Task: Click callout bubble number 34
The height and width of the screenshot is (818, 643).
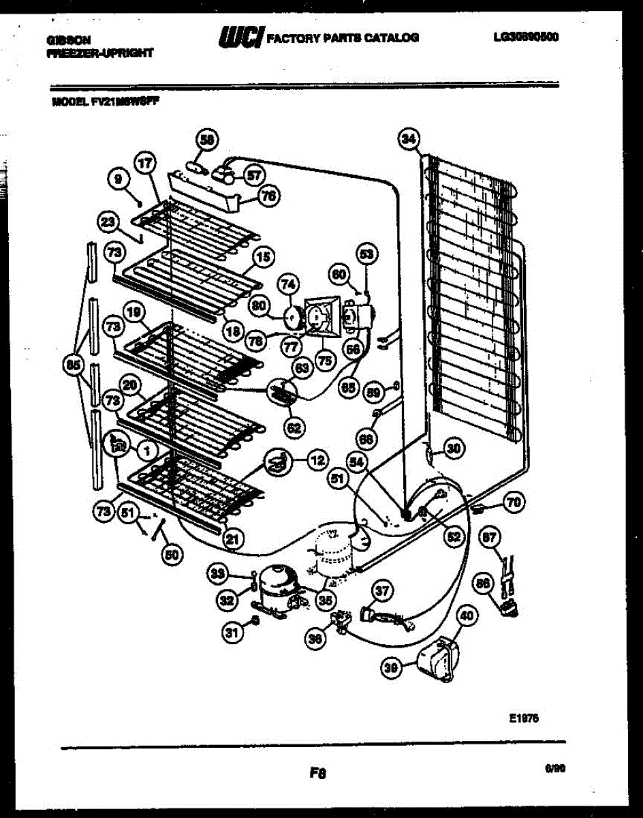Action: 408,140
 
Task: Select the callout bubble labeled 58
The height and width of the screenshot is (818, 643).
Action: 206,140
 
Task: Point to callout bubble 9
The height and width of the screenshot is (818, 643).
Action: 119,179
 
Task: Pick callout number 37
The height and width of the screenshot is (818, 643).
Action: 382,591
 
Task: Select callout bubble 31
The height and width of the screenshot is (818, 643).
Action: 233,633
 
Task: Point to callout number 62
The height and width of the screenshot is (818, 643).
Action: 294,428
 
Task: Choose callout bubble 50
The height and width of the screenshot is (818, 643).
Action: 173,554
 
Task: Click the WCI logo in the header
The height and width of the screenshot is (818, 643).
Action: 240,37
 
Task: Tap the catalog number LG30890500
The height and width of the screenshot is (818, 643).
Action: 525,37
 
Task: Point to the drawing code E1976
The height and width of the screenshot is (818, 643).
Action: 523,717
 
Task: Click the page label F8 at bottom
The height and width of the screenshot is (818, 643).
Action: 317,773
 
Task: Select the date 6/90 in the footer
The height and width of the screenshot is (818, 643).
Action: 554,768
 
